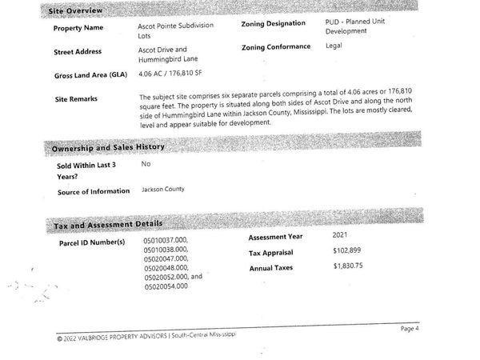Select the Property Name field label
pyautogui.click(x=78, y=28)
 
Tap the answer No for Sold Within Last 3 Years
pyautogui.click(x=146, y=164)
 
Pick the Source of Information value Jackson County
pyautogui.click(x=162, y=190)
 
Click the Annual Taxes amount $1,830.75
pyautogui.click(x=349, y=266)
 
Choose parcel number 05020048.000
pyautogui.click(x=166, y=267)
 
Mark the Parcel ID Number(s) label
pyautogui.click(x=92, y=242)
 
